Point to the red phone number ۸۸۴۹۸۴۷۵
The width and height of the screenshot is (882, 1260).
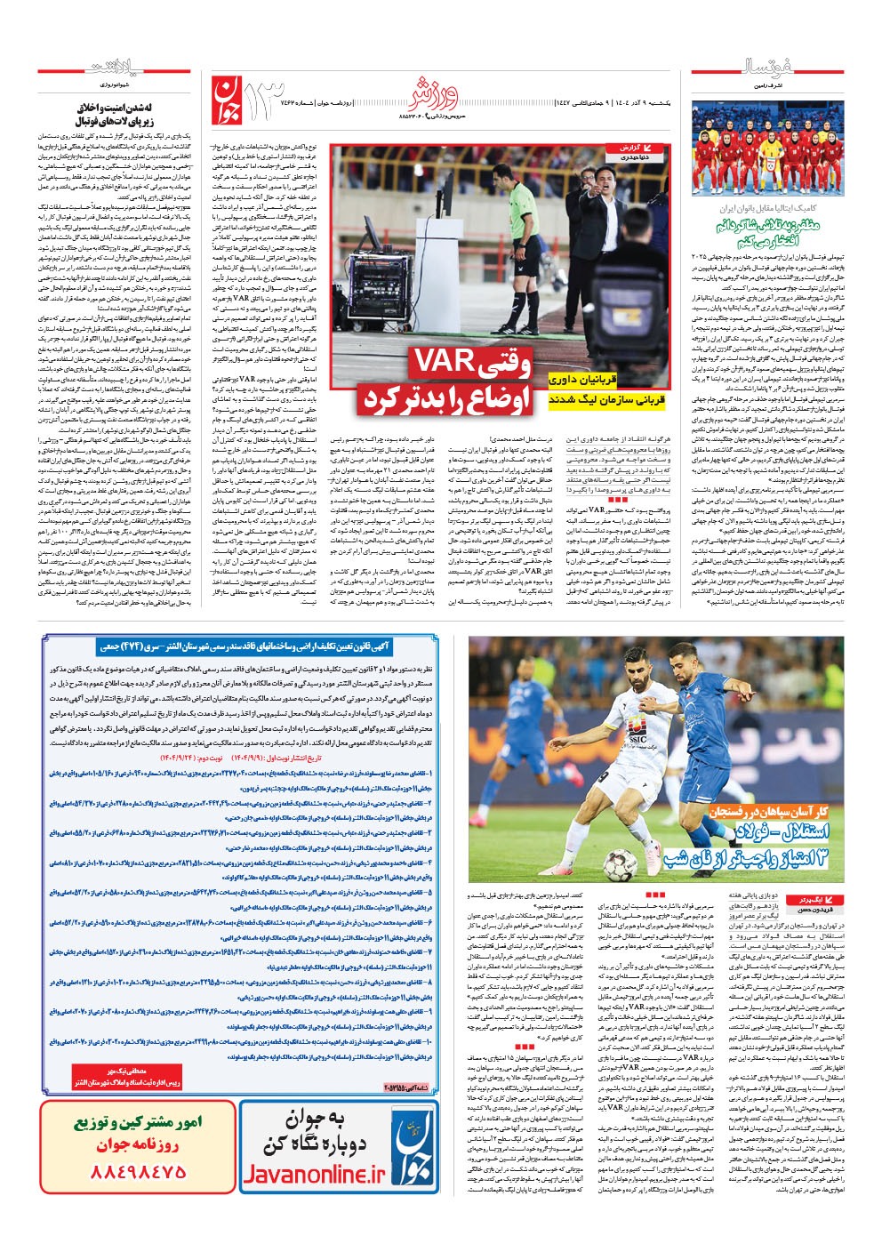pos(137,1172)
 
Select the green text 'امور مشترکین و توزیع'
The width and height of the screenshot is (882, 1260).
pos(138,1123)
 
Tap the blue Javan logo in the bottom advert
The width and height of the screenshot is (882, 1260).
pos(414,1147)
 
